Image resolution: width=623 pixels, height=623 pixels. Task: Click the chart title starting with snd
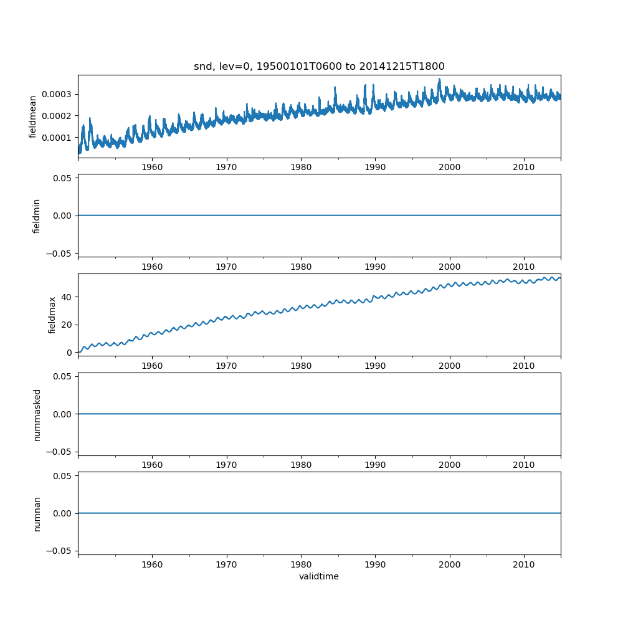[319, 67]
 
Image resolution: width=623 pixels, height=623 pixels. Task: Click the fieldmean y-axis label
[32, 117]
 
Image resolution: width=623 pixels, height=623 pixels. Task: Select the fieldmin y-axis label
[36, 216]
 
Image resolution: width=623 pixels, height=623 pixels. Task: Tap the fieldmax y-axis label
[52, 315]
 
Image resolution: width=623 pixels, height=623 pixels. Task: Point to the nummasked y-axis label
[37, 414]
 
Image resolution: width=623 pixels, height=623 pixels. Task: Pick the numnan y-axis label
[37, 513]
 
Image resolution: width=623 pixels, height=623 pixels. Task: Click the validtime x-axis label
[319, 576]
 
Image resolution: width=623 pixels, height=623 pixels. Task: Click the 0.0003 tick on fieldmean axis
[57, 94]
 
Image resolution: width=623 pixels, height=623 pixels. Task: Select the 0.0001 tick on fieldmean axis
[57, 137]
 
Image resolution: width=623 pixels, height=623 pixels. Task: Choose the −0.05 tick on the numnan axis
[59, 551]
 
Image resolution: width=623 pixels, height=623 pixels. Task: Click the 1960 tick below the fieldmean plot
[152, 168]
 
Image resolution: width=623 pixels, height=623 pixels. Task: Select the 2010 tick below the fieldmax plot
[524, 366]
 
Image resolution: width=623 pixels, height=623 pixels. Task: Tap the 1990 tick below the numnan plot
[375, 564]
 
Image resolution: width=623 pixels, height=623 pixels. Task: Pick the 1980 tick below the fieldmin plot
[301, 267]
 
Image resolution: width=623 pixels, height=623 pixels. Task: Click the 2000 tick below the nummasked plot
[449, 465]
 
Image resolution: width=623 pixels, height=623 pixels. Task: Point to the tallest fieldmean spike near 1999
[439, 79]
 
